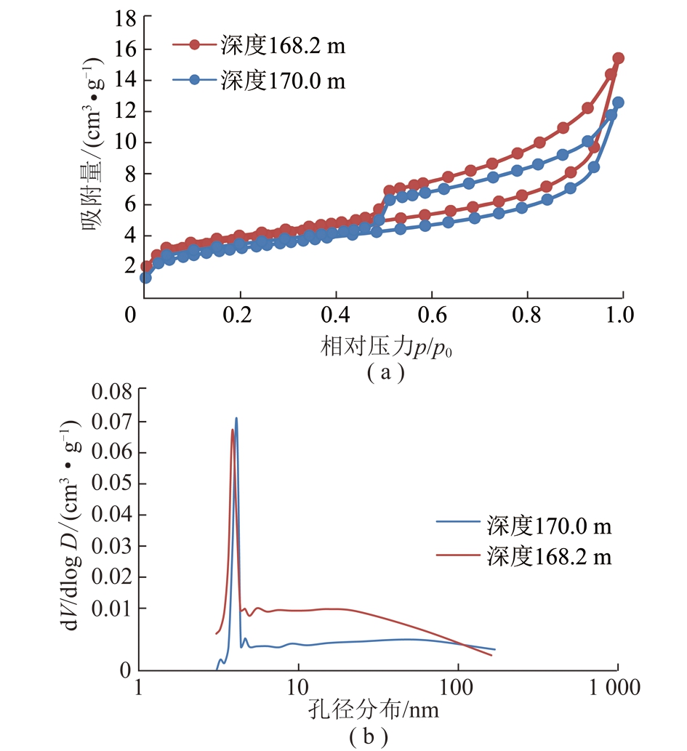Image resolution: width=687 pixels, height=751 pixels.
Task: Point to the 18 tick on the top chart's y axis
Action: (120, 18)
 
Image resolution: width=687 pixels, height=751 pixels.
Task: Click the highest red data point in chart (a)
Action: (618, 58)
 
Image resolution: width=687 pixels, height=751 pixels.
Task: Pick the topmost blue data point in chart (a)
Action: (618, 103)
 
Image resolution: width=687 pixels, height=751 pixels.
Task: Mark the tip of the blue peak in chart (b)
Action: (236, 418)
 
